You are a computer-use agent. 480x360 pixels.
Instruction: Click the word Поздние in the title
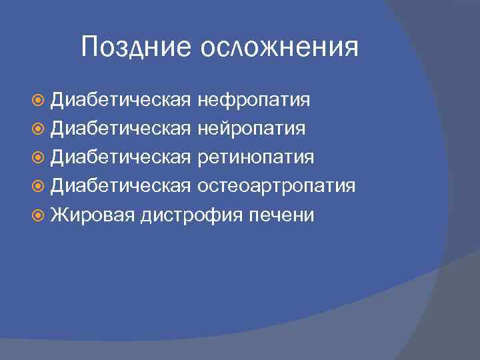pos(135,47)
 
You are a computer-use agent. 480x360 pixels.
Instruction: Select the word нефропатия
pos(254,100)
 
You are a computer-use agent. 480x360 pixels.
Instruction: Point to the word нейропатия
pos(252,129)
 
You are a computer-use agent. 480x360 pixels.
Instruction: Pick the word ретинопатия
pos(256,157)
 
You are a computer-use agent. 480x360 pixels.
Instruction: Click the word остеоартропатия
pos(277,186)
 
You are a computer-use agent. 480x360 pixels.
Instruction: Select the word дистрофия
pos(183,215)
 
